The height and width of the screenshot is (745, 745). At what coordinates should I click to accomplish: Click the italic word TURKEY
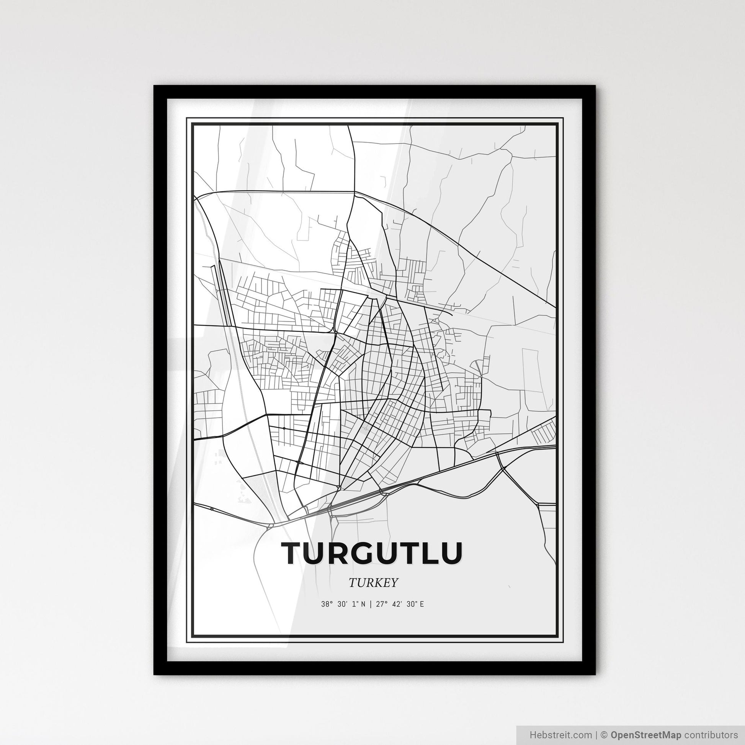pyautogui.click(x=372, y=583)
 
